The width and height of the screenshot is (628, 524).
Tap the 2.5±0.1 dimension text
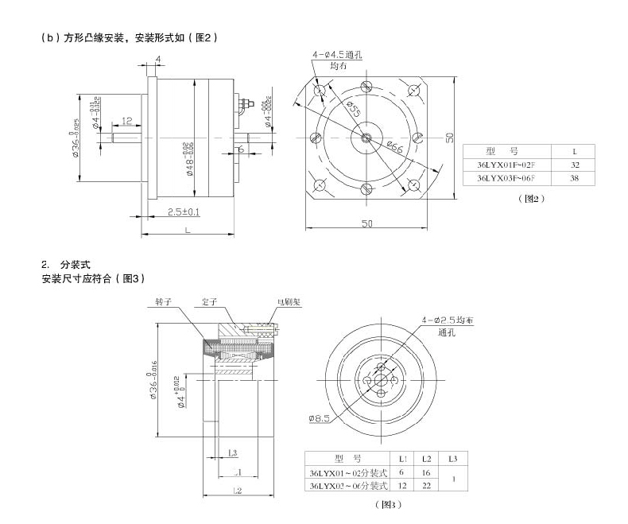(x=184, y=212)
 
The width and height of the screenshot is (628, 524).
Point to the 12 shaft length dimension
(x=126, y=122)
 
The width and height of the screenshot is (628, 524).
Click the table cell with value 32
(x=575, y=165)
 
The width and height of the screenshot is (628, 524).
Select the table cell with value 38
(x=575, y=179)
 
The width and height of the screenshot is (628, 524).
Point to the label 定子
(x=210, y=303)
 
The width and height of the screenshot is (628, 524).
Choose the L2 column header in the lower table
(x=426, y=459)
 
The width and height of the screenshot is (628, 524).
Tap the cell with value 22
(x=426, y=485)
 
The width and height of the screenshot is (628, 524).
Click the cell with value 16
(x=426, y=472)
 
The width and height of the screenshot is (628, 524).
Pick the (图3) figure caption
(x=384, y=504)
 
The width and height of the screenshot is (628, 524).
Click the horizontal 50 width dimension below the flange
(x=367, y=224)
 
